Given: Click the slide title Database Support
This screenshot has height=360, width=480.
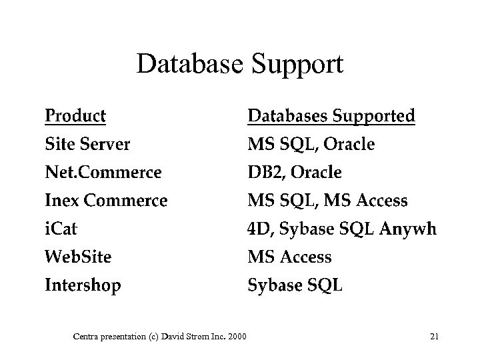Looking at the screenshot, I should pyautogui.click(x=240, y=65).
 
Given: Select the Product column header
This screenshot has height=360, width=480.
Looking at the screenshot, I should pyautogui.click(x=75, y=116).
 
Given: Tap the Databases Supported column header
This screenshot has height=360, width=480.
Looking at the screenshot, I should pyautogui.click(x=331, y=116).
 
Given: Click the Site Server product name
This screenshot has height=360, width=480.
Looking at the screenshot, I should pyautogui.click(x=87, y=144).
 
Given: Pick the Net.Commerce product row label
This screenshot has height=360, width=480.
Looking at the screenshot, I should pyautogui.click(x=103, y=173).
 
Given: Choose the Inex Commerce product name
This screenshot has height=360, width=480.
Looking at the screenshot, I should pyautogui.click(x=106, y=201).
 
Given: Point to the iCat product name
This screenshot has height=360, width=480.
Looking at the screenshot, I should pyautogui.click(x=61, y=229).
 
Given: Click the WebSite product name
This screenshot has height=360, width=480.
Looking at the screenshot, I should pyautogui.click(x=78, y=257).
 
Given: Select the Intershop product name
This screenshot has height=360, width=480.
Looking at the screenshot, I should pyautogui.click(x=83, y=286).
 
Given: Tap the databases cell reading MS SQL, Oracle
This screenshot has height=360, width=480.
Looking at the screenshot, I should pyautogui.click(x=311, y=144).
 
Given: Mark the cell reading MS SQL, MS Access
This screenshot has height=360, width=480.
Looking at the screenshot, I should pyautogui.click(x=327, y=201).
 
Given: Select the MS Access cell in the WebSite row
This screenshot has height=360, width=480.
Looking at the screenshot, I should pyautogui.click(x=289, y=257).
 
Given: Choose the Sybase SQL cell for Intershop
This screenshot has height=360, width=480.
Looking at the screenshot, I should pyautogui.click(x=295, y=286).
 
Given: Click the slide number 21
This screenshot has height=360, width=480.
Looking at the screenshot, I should pyautogui.click(x=434, y=336).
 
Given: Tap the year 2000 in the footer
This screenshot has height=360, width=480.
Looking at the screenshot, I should pyautogui.click(x=236, y=336).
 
